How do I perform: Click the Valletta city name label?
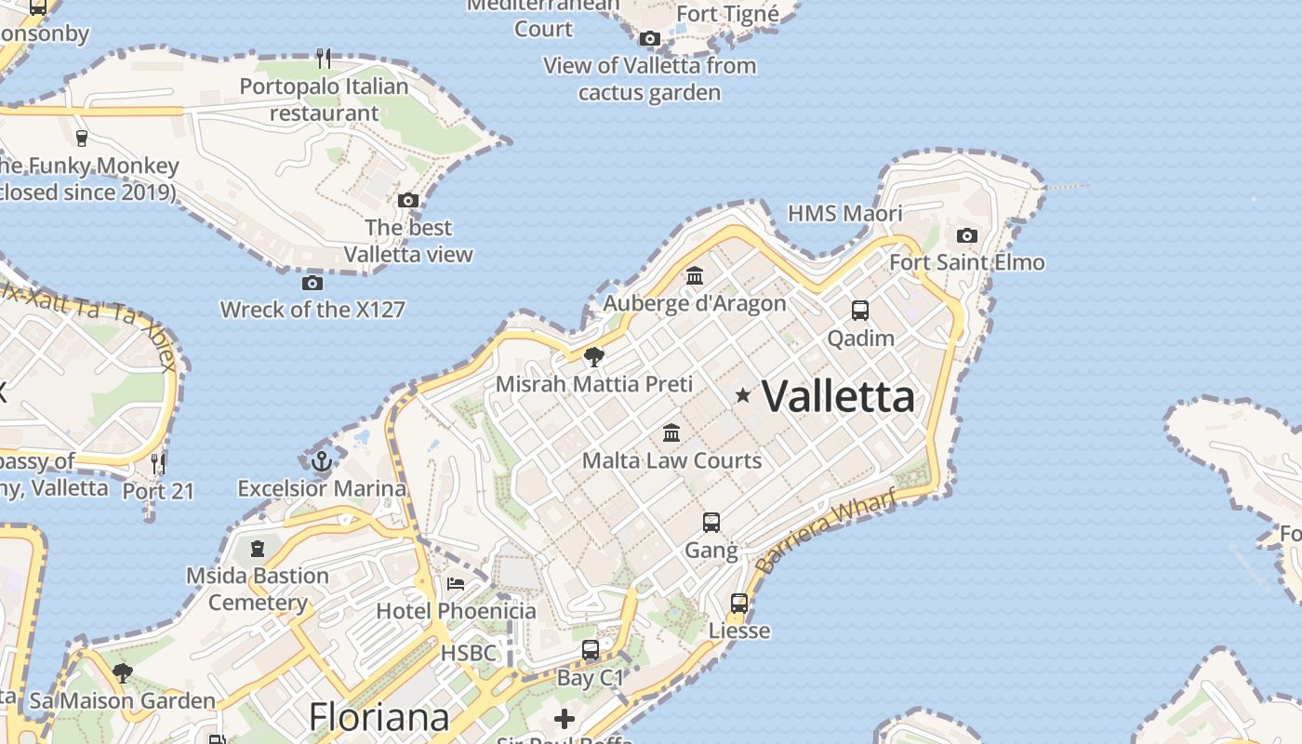click(839, 397)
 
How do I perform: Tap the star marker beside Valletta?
click(743, 395)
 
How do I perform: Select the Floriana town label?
click(379, 717)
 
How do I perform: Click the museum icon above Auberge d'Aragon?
click(695, 275)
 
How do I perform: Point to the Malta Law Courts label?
click(671, 460)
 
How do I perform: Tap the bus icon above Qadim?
click(860, 311)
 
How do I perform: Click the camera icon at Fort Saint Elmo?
click(967, 235)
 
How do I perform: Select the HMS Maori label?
click(844, 213)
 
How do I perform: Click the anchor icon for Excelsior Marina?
click(321, 460)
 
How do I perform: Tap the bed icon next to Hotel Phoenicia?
click(456, 583)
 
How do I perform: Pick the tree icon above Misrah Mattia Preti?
click(593, 356)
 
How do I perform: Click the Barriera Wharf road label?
click(825, 532)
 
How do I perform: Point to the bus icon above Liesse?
click(739, 603)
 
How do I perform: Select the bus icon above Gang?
click(711, 523)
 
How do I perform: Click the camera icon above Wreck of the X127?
click(312, 282)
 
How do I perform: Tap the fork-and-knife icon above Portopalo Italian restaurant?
click(324, 59)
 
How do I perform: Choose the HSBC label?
click(469, 653)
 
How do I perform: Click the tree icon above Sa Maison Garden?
click(122, 672)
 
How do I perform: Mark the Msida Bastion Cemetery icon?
click(258, 548)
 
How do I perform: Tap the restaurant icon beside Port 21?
click(158, 462)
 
